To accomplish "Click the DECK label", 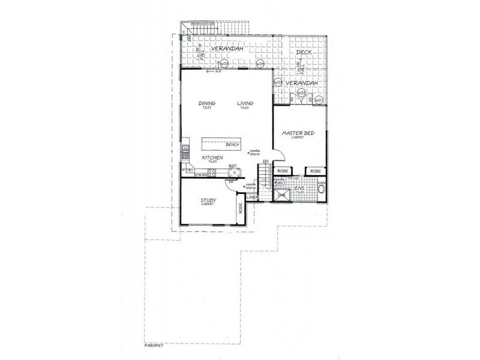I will click(302, 53).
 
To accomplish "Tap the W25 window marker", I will click(224, 64).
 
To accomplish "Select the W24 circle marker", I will click(260, 64).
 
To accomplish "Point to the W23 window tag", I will click(278, 83).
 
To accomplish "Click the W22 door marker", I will click(302, 93).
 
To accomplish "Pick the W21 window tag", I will click(319, 100).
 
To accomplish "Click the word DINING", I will click(207, 103).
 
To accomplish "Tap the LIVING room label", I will click(245, 103).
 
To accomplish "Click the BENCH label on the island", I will click(232, 145).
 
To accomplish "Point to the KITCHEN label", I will click(212, 158).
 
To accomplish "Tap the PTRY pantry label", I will click(187, 171).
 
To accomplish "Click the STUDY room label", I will click(208, 201).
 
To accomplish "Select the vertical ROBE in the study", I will click(241, 209).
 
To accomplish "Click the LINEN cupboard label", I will click(253, 197).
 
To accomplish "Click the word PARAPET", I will click(154, 346).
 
